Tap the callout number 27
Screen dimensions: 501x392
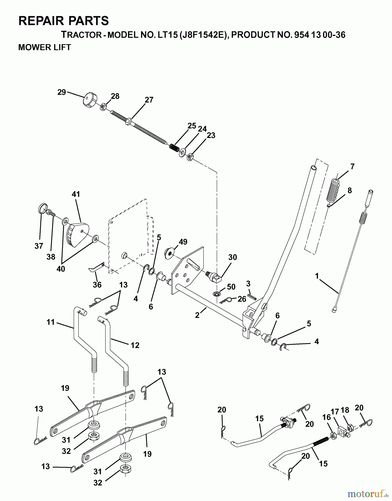149,100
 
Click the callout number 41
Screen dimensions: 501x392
76,194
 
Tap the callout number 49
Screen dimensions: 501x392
183,242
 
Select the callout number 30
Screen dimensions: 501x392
233,257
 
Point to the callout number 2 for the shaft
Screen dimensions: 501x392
197,315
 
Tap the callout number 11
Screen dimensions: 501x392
50,323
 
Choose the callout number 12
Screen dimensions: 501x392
135,345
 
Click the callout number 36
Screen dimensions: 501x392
97,285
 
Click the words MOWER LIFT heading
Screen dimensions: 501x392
45,47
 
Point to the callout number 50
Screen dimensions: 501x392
231,287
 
